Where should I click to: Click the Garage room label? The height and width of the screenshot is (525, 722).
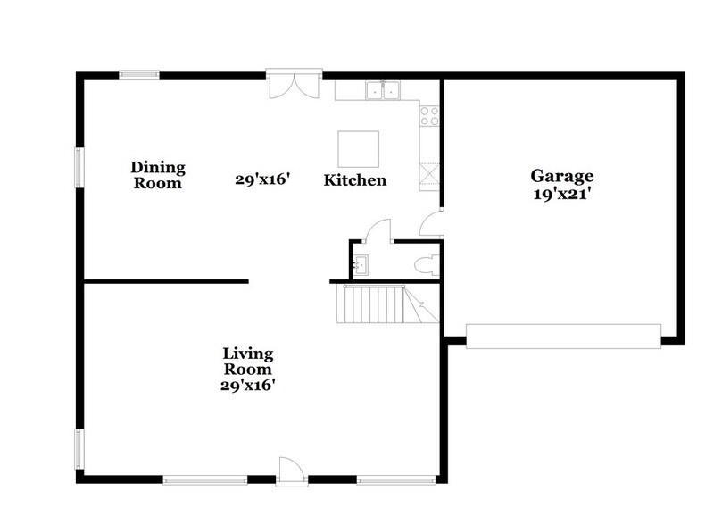[561, 176]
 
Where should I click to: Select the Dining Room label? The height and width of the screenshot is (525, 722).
[158, 175]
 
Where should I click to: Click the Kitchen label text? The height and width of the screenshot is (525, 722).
[354, 180]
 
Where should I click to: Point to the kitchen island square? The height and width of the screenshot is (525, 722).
[358, 147]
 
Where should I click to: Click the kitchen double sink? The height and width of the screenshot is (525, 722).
[382, 90]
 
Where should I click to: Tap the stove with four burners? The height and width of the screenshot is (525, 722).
[429, 114]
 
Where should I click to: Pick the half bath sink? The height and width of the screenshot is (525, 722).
[361, 264]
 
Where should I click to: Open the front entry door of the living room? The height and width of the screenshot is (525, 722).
[292, 471]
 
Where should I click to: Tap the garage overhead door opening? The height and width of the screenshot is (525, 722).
[563, 336]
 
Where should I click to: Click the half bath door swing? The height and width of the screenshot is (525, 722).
[380, 229]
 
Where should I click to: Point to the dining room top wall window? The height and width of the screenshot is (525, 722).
[139, 75]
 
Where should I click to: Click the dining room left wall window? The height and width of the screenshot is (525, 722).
[79, 167]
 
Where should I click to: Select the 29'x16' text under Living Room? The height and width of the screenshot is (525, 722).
[247, 386]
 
